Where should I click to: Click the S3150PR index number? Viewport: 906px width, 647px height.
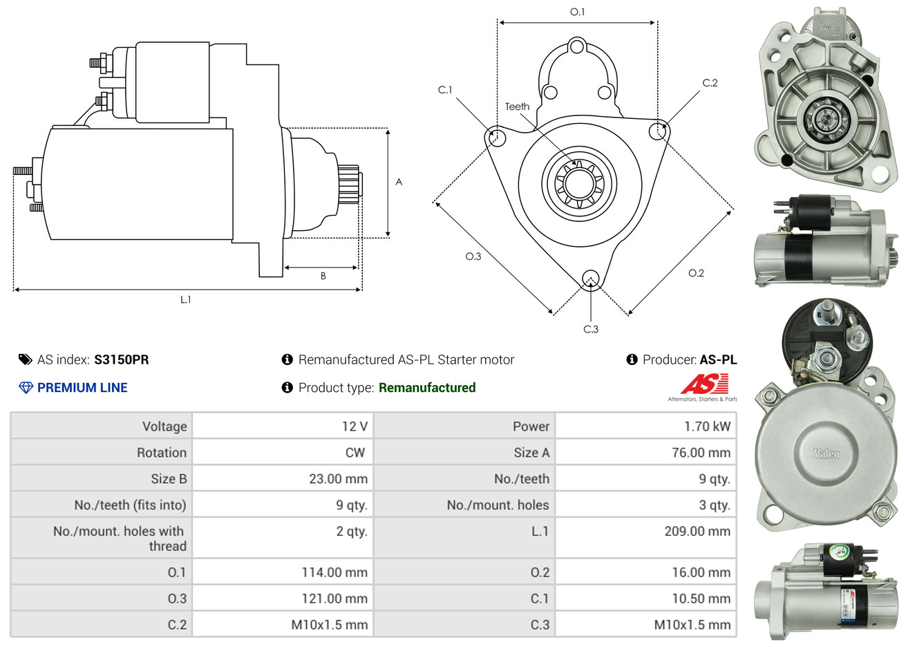(121, 359)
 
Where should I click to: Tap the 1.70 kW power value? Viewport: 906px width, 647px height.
(707, 426)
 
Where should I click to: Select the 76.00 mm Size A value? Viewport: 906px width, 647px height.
(701, 453)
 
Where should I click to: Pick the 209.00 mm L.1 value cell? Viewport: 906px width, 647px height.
(697, 532)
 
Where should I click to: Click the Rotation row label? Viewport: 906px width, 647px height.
(161, 453)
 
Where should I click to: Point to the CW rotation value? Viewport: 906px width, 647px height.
(355, 453)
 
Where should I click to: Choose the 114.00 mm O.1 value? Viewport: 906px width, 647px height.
(334, 572)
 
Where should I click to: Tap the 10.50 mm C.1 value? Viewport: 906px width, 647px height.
(701, 599)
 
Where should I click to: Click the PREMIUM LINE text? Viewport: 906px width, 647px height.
(82, 388)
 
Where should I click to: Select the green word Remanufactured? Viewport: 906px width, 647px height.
(427, 388)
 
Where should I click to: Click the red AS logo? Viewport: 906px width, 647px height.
(704, 384)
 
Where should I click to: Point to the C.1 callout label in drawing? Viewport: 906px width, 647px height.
(445, 90)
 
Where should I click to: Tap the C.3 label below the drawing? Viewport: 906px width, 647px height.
(591, 329)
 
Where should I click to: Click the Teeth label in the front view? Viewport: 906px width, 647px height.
(517, 106)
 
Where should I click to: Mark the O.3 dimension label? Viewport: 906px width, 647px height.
(473, 256)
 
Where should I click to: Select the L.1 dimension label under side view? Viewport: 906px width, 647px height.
(185, 299)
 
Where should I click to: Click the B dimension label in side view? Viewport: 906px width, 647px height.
(323, 276)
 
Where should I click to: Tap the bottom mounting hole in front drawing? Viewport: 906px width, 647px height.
(590, 279)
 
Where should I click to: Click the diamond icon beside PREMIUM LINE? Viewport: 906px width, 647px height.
(26, 388)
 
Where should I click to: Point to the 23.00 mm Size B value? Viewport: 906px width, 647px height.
(338, 479)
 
